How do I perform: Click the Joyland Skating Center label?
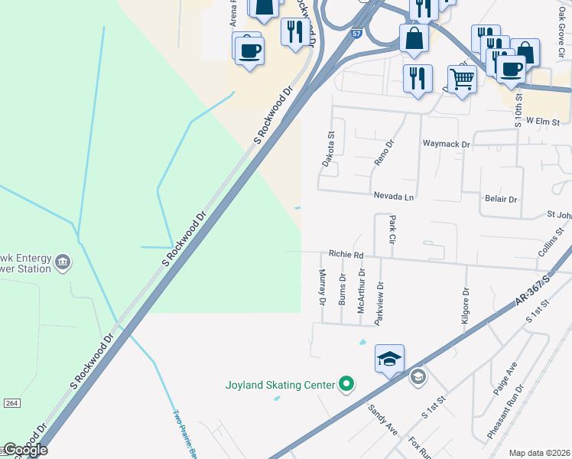click(281, 384)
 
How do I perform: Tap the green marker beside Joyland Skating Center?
click(346, 384)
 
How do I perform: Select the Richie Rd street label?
click(345, 254)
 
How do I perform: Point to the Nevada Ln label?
click(393, 197)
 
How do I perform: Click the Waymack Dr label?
click(446, 144)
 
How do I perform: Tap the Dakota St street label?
click(327, 150)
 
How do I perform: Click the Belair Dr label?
click(502, 199)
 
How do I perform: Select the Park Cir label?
click(392, 229)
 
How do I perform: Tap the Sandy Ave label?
click(382, 418)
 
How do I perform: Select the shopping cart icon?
click(462, 78)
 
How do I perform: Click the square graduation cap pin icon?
click(389, 358)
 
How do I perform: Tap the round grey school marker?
click(418, 376)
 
